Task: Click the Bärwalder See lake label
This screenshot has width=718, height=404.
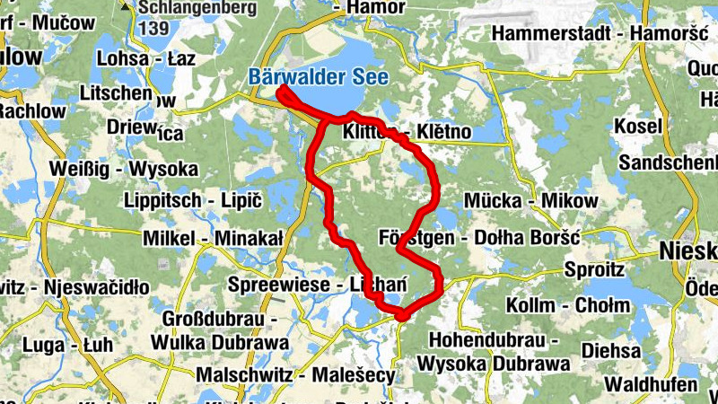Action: pos(319,78)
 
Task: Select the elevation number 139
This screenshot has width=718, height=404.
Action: pos(153,28)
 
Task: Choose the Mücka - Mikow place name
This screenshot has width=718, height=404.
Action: pos(530,201)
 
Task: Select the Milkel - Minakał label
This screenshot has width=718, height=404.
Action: pos(213,238)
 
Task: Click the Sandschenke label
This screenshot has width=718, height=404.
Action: pos(669,163)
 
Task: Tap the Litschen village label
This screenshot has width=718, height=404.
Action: pos(118,93)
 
